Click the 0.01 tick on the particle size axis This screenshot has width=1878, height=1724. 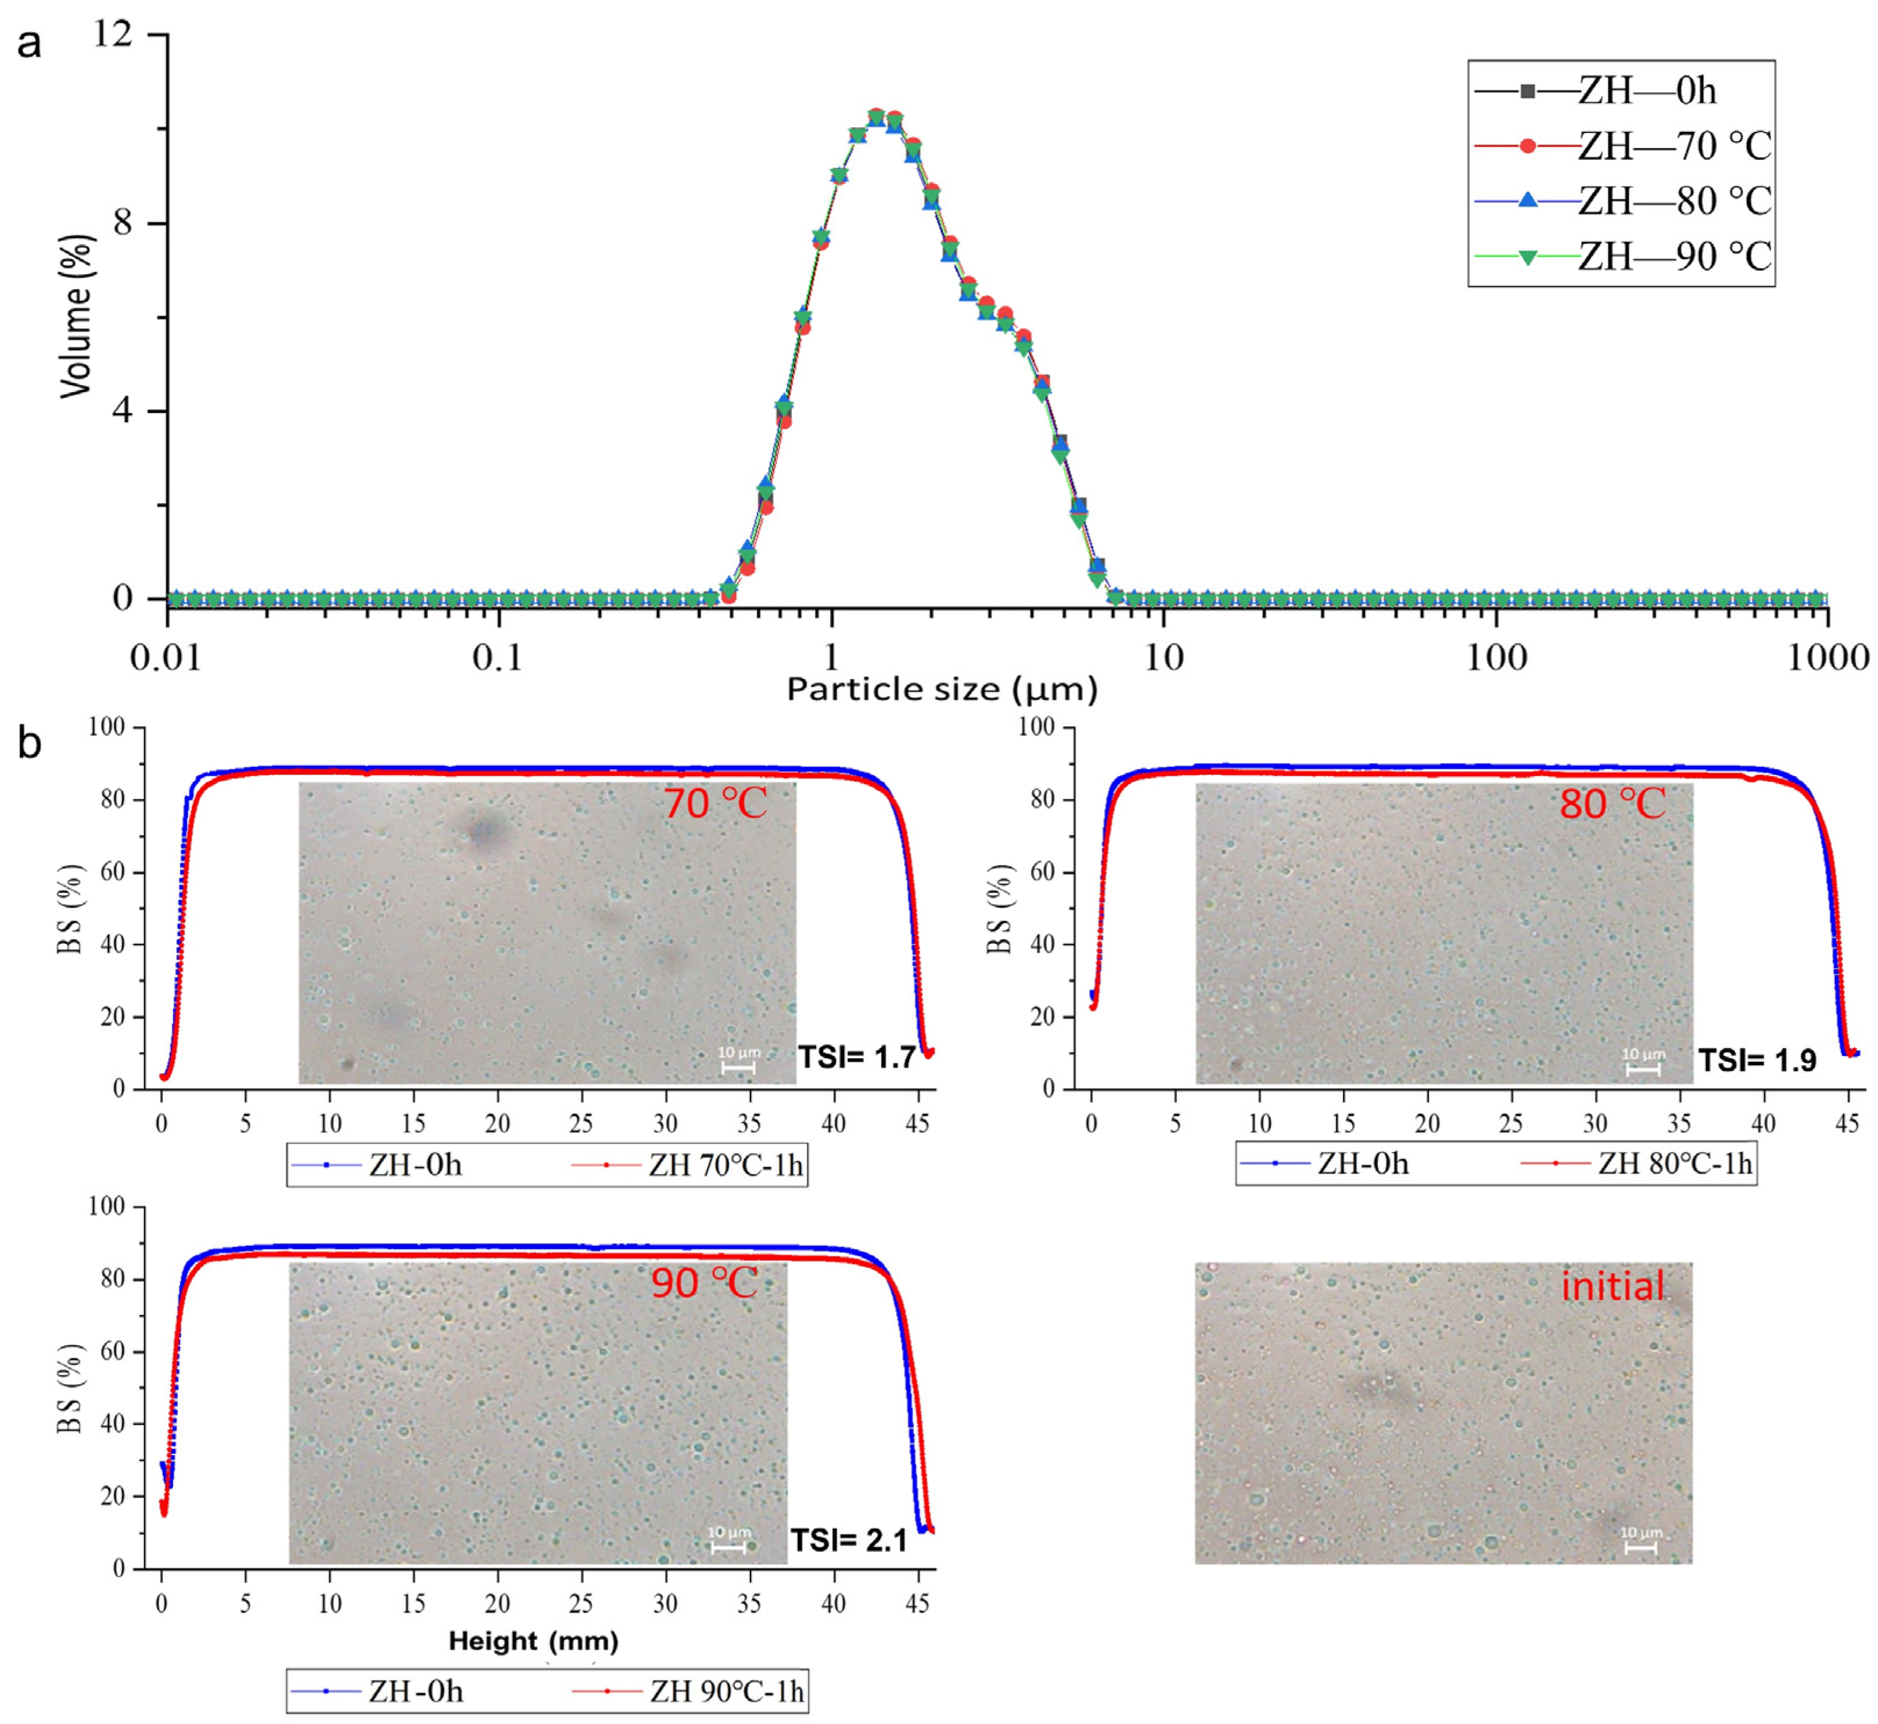[x=166, y=659]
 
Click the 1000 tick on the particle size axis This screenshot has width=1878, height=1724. [x=1827, y=659]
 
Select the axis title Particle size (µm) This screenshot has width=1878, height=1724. [x=942, y=690]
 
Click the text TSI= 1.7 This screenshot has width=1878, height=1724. [x=856, y=1057]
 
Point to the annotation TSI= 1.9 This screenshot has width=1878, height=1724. [x=1757, y=1061]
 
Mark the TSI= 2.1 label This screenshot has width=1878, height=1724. [x=849, y=1540]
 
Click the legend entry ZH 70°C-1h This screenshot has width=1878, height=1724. [x=688, y=1166]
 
